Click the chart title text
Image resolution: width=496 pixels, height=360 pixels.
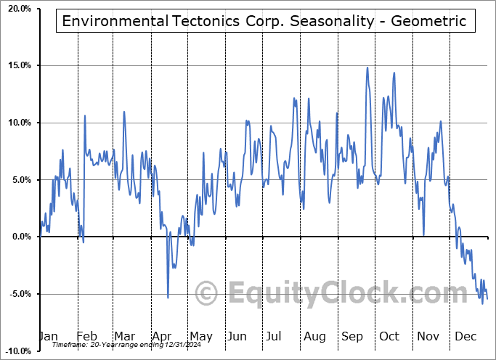point(264,21)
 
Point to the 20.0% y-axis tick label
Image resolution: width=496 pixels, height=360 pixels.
point(18,9)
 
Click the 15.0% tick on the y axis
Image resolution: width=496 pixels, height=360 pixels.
point(18,66)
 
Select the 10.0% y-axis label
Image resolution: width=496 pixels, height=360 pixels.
point(18,123)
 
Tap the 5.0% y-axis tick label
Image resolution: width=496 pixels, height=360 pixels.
point(20,180)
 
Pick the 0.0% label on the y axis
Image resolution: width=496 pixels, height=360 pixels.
point(20,237)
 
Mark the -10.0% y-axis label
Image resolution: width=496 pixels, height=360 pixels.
point(17,351)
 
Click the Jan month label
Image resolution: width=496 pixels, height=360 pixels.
point(48,336)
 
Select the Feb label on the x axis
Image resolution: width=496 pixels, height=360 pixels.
point(86,336)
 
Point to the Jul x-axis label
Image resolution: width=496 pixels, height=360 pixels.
point(274,336)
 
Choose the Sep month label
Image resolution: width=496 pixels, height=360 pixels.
point(351,336)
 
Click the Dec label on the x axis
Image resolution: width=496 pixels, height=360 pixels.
point(465,336)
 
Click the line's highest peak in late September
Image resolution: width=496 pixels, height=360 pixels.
point(367,67)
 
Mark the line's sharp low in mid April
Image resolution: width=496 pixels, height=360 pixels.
point(168,297)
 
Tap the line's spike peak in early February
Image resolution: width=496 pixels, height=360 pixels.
point(85,115)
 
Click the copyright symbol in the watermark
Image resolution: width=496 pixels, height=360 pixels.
point(207,293)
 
